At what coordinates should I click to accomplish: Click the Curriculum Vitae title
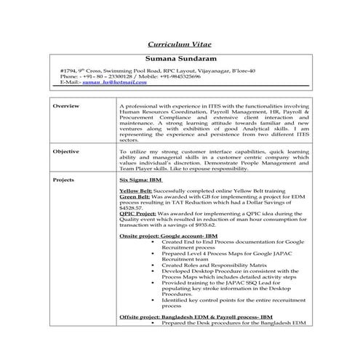(180, 44)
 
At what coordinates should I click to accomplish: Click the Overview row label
(67, 105)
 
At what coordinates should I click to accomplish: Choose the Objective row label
(68, 151)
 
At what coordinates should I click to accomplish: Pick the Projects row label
(65, 178)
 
